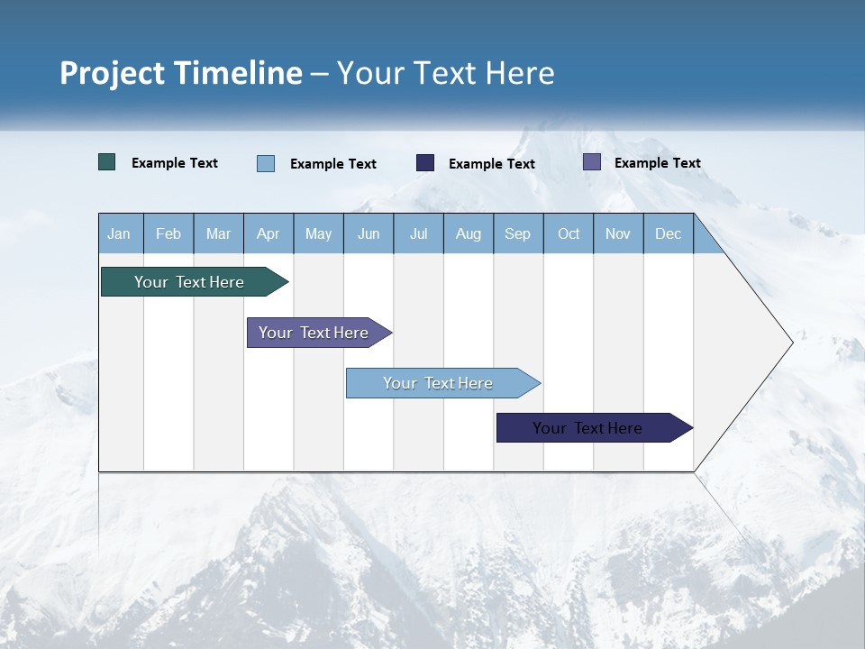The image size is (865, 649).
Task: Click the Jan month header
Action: click(119, 233)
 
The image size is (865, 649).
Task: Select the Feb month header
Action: click(168, 233)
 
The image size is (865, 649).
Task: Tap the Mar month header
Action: click(218, 233)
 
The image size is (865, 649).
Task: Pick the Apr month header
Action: click(269, 233)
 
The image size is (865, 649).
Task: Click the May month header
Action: click(318, 233)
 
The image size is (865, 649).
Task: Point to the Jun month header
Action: click(369, 233)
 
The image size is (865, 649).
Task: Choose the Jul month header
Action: click(418, 233)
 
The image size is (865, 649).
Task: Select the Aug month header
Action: click(469, 233)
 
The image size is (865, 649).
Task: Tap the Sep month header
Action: click(518, 233)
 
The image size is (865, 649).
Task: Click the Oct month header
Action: click(569, 233)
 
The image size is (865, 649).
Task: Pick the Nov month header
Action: click(618, 233)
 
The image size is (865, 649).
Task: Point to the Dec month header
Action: click(669, 233)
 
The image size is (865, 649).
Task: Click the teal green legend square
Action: click(107, 162)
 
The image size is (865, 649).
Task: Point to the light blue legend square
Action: click(266, 163)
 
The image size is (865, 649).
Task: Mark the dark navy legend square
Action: click(425, 162)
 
